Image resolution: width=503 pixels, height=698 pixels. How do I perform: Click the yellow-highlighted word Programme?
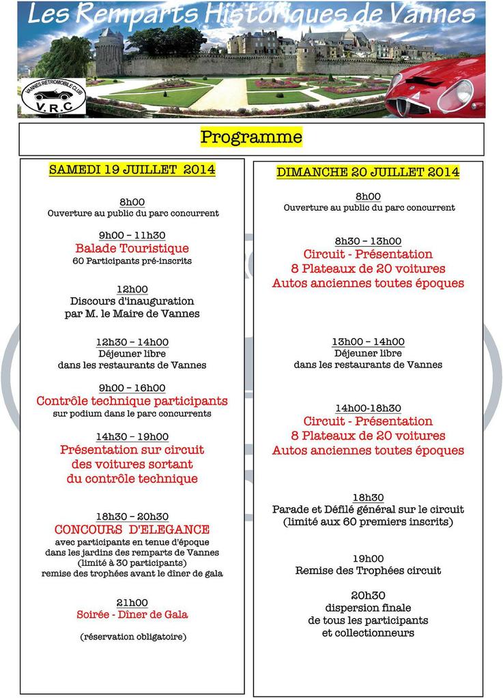point(251,137)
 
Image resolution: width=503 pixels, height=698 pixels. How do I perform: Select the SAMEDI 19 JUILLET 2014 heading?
point(132,170)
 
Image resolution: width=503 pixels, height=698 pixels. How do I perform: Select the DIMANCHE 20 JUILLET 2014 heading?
point(368,172)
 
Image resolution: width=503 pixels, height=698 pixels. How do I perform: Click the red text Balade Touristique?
point(132,248)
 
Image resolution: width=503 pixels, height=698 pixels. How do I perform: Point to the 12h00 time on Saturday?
point(132,290)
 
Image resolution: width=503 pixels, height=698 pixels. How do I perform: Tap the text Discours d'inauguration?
point(132,301)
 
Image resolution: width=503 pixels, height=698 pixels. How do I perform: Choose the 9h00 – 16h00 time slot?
point(132,388)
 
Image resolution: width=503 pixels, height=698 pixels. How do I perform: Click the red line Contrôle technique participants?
point(132,401)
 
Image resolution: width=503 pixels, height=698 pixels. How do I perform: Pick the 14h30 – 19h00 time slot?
point(132,436)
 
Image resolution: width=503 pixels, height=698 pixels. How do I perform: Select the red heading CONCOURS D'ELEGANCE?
point(132,529)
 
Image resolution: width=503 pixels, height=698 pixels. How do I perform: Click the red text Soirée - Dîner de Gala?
point(132,614)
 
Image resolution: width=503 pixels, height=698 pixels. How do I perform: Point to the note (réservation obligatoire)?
point(132,637)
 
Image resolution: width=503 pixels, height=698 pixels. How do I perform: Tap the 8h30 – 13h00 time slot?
point(368,241)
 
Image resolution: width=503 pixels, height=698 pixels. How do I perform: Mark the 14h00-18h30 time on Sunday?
point(368,408)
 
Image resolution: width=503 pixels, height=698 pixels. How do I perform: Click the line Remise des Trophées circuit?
point(368,571)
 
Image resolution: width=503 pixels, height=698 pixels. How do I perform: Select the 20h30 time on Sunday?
point(368,595)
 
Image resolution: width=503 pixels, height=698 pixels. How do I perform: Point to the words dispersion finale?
point(368,607)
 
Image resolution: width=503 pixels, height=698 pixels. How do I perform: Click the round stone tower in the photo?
point(109,53)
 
